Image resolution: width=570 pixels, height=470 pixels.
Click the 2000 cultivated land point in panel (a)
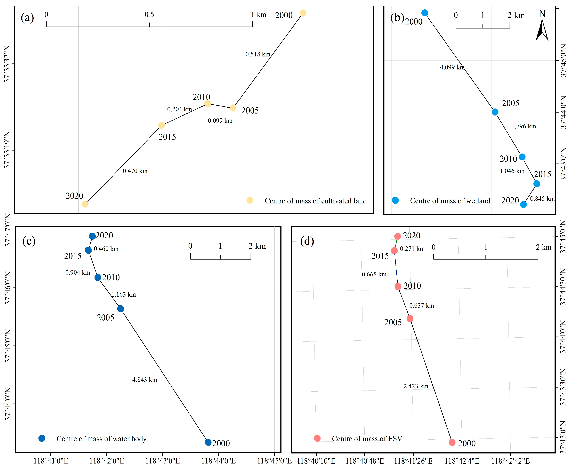[x=303, y=13]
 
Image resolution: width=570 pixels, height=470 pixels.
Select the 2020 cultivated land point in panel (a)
[x=85, y=204]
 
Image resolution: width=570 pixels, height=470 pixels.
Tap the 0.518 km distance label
[x=258, y=54]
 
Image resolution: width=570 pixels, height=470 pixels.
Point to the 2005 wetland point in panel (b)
[x=495, y=112]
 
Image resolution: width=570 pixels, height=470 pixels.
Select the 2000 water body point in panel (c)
[x=208, y=442]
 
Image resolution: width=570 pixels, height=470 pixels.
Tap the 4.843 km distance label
[x=144, y=380]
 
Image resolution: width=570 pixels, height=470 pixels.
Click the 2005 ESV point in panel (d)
[x=410, y=318]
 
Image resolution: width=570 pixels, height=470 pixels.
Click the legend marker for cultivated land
[x=250, y=200]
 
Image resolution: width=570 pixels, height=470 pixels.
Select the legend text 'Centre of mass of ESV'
[x=367, y=439]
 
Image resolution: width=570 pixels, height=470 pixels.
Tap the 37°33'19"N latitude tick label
[x=7, y=150]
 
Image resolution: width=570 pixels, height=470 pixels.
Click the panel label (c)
[x=29, y=241]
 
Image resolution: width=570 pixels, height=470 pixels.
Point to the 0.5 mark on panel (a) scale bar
[x=149, y=15]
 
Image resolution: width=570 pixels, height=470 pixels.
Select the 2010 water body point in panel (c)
[x=98, y=277]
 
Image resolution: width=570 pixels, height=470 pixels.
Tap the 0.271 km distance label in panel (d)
[x=412, y=248]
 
